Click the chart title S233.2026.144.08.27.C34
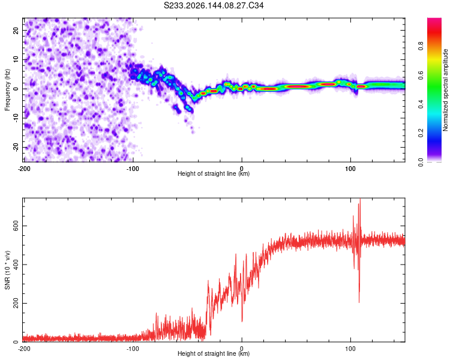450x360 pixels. coord(214,5)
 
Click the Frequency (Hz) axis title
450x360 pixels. coord(7,90)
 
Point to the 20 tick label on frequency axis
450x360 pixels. coord(16,30)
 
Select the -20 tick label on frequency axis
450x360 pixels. coord(16,148)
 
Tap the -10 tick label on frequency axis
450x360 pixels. coord(16,118)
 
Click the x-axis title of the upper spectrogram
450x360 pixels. coord(214,173)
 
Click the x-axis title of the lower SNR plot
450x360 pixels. coord(214,353)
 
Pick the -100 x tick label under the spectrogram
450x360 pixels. coord(133,169)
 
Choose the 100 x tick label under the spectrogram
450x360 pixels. coord(350,169)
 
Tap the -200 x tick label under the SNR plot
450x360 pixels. coord(24,349)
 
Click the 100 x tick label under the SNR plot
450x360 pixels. coord(350,349)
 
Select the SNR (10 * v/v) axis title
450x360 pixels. coord(7,270)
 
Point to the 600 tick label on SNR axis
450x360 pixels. coord(16,226)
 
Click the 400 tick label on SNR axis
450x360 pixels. coord(16,265)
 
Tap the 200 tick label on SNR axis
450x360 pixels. coord(16,303)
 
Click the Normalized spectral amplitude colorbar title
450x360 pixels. coord(445,90)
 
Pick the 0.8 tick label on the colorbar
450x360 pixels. coord(421,46)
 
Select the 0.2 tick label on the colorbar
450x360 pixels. coord(421,133)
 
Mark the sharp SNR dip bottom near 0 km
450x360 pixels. coord(242,322)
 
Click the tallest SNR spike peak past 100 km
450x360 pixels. coord(360,199)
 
